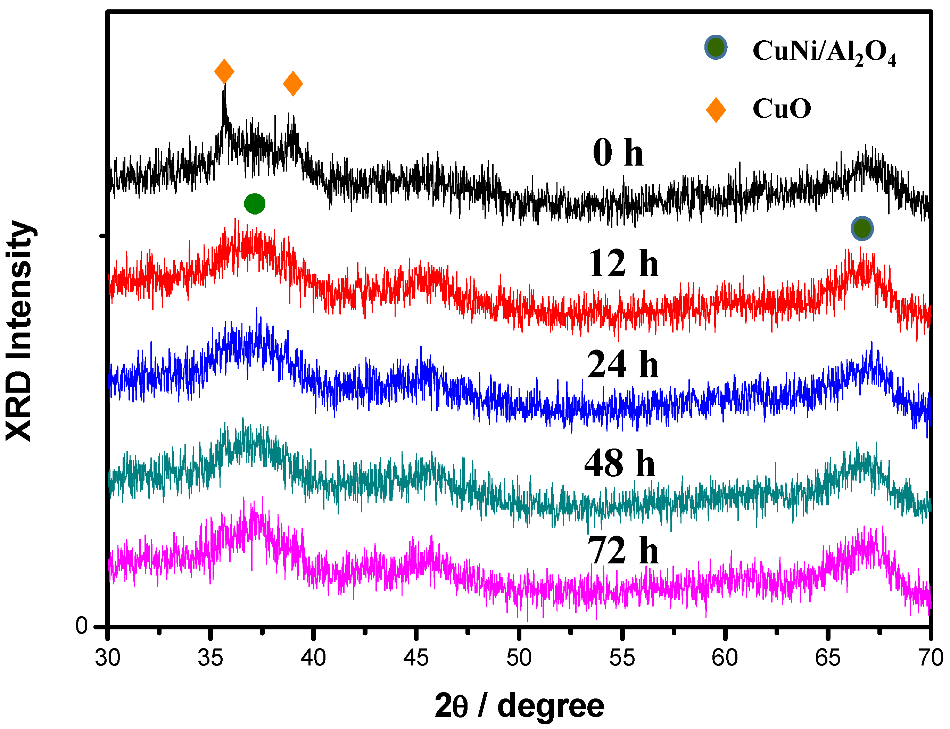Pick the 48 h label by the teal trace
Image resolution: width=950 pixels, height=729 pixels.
[620, 463]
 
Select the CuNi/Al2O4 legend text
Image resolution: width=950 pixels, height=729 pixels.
[824, 52]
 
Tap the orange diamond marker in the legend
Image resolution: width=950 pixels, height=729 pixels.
[716, 110]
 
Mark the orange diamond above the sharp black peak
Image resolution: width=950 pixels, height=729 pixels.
[224, 72]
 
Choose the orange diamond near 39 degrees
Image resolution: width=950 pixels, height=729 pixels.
[292, 83]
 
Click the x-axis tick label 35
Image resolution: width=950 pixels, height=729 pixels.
[210, 658]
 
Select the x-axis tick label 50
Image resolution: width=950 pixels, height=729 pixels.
[519, 658]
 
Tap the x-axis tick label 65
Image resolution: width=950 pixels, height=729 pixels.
[827, 658]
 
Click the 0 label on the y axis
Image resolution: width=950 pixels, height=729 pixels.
[81, 626]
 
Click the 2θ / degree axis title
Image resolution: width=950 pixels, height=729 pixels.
[519, 707]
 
